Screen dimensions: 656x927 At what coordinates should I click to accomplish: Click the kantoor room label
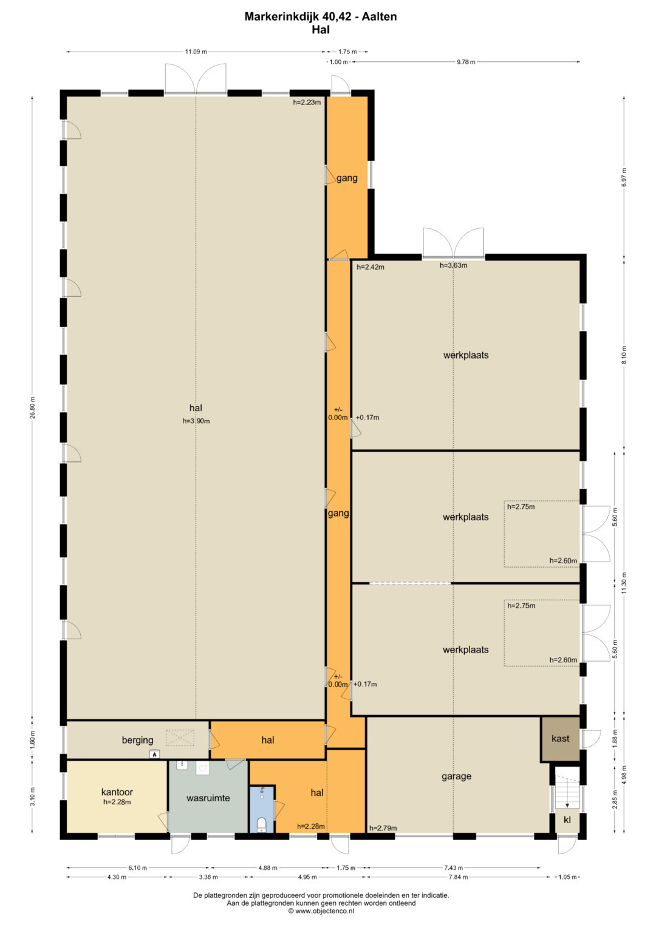(x=117, y=792)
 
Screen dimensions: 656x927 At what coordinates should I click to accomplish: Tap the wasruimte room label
(x=208, y=798)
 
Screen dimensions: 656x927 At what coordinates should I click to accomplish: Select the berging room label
(x=137, y=741)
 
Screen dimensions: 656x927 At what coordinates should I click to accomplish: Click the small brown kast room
(x=560, y=739)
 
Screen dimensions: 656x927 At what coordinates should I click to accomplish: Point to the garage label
(x=456, y=776)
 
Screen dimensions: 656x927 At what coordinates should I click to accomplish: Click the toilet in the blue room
(x=261, y=825)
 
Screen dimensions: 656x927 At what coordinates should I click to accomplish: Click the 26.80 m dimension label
(x=32, y=408)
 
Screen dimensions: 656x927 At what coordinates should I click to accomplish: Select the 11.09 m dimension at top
(x=196, y=52)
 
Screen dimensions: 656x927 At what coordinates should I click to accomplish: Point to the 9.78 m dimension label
(x=466, y=62)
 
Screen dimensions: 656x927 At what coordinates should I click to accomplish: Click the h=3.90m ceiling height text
(x=196, y=421)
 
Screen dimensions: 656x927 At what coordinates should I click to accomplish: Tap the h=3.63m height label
(x=454, y=265)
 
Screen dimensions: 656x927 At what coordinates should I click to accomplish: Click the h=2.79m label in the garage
(x=383, y=828)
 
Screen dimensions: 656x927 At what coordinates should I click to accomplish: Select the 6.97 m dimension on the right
(x=624, y=177)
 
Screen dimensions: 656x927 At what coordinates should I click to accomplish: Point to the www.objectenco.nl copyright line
(x=321, y=911)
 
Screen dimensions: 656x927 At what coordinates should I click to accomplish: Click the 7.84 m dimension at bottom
(x=459, y=877)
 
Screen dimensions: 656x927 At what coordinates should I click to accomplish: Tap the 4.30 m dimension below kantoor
(x=117, y=877)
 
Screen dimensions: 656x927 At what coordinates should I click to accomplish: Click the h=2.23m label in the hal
(x=307, y=103)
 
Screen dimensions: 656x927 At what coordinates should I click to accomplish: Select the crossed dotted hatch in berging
(x=180, y=738)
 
